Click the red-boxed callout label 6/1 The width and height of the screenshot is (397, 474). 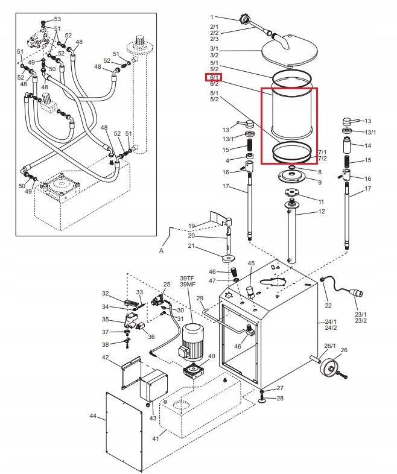[x=214, y=77]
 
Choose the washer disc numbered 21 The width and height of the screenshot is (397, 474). [x=229, y=259]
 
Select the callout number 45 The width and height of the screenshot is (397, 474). [x=252, y=263]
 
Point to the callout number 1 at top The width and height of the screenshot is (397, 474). [x=212, y=16]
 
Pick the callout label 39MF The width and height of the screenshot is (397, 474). [x=187, y=285]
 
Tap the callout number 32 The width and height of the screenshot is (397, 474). [x=106, y=294]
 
